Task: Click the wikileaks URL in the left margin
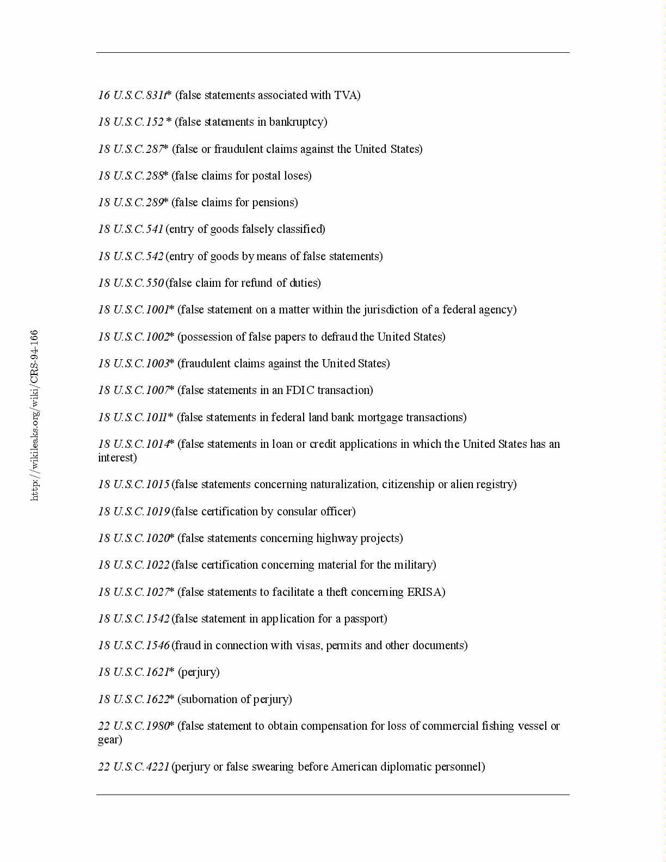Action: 35,415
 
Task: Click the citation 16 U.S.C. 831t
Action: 132,95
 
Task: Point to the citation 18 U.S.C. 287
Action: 131,149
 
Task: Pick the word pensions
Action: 274,202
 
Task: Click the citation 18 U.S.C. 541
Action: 131,229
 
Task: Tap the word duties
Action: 304,283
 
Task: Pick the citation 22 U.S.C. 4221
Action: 133,767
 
